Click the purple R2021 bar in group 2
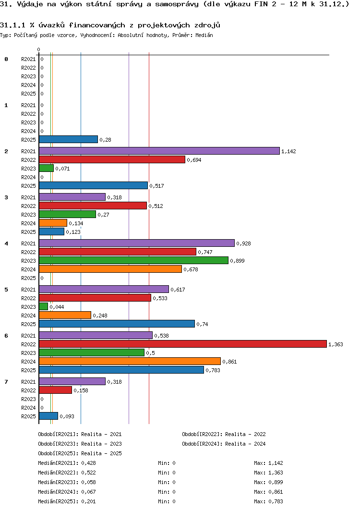click(x=159, y=151)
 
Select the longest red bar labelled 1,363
click(x=183, y=344)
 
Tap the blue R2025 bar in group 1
click(x=68, y=140)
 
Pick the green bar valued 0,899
click(x=133, y=261)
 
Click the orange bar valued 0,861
click(x=130, y=361)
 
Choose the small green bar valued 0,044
click(x=43, y=307)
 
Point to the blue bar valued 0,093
click(x=48, y=416)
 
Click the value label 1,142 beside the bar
click(x=288, y=151)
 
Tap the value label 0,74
click(x=202, y=324)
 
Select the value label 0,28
click(x=105, y=140)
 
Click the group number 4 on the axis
click(x=6, y=243)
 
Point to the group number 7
click(x=6, y=381)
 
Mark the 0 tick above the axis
click(x=39, y=49)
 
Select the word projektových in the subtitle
click(x=164, y=25)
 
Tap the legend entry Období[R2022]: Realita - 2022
click(x=224, y=434)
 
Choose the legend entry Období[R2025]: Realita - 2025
click(x=80, y=453)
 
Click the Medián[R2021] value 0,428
click(x=88, y=463)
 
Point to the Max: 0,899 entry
click(x=268, y=482)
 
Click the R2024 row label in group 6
click(x=28, y=362)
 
